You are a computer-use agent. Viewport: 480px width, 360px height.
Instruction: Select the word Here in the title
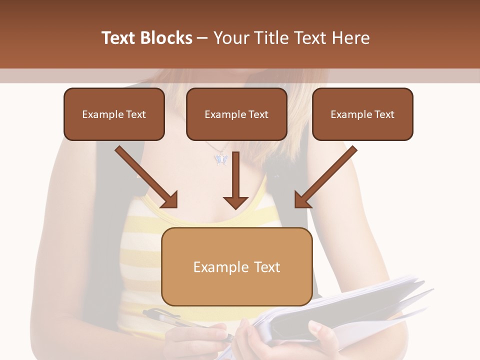(350, 38)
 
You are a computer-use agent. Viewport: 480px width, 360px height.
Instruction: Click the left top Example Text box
(114, 114)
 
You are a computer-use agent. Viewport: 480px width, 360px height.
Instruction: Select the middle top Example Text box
(236, 114)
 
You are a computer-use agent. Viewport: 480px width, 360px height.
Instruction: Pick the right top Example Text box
(362, 114)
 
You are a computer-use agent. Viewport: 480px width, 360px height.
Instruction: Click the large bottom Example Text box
(237, 266)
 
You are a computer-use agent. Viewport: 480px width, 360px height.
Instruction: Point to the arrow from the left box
(145, 175)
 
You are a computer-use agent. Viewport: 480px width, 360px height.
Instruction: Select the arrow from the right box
(327, 175)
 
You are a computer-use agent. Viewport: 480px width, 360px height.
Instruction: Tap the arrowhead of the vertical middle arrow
(235, 201)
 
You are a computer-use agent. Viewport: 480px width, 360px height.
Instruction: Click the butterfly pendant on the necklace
(221, 159)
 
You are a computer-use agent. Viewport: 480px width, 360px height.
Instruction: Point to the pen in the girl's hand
(165, 317)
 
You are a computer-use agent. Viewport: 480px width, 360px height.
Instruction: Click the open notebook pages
(350, 305)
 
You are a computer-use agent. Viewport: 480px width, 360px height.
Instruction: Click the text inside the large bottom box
(237, 267)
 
